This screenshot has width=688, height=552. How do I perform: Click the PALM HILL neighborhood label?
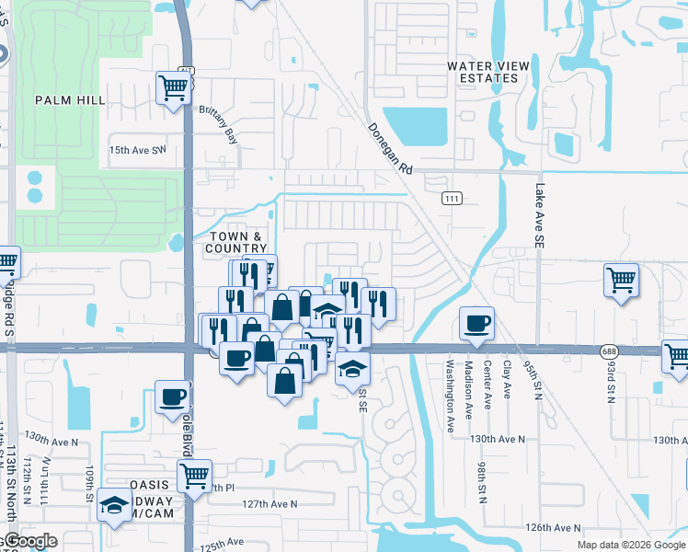pyautogui.click(x=71, y=99)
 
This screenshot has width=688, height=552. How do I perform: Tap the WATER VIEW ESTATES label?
pyautogui.click(x=483, y=72)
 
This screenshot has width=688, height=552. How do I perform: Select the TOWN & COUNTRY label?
pyautogui.click(x=236, y=243)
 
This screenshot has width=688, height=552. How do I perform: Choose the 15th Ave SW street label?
pyautogui.click(x=138, y=149)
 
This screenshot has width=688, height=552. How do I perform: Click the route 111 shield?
pyautogui.click(x=451, y=199)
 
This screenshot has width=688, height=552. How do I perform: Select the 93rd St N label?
pyautogui.click(x=610, y=380)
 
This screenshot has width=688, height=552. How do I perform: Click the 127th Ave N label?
pyautogui.click(x=270, y=504)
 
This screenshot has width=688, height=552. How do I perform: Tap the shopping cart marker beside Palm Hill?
pyautogui.click(x=173, y=88)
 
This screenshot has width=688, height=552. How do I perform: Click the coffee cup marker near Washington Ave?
pyautogui.click(x=476, y=323)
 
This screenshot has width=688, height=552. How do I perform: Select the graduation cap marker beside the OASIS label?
pyautogui.click(x=115, y=505)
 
